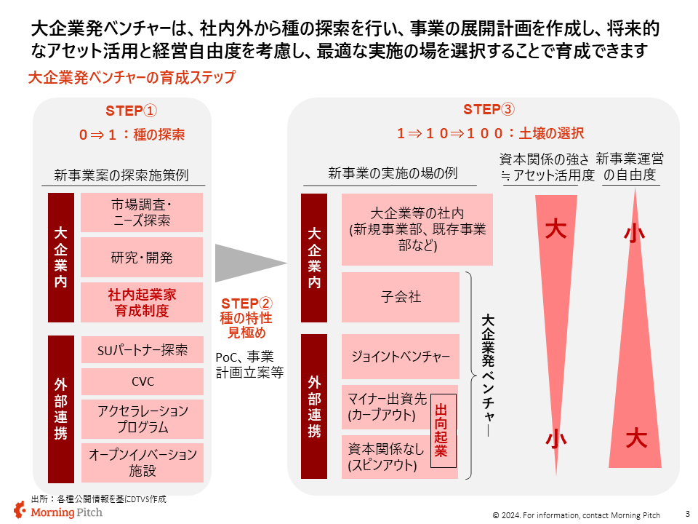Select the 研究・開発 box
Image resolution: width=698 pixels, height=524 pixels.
pyautogui.click(x=142, y=258)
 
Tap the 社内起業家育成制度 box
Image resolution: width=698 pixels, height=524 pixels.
pyautogui.click(x=142, y=303)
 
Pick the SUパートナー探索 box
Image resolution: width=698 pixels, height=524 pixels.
pyautogui.click(x=142, y=350)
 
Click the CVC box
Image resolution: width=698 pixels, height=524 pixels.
pyautogui.click(x=142, y=381)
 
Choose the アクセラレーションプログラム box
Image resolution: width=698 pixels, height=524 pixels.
pyautogui.click(x=142, y=418)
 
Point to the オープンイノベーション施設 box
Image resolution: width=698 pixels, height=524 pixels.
pyautogui.click(x=142, y=462)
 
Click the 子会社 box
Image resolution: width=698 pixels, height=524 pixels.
pyautogui.click(x=401, y=297)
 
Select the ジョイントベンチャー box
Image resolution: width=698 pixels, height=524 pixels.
pyautogui.click(x=401, y=357)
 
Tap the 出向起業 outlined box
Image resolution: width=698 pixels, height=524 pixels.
pyautogui.click(x=441, y=432)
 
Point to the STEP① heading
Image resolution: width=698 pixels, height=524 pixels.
pyautogui.click(x=132, y=111)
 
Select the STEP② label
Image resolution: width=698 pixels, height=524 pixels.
pyautogui.click(x=246, y=303)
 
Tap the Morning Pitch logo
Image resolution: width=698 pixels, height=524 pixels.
pyautogui.click(x=58, y=511)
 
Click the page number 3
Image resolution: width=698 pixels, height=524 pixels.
pyautogui.click(x=687, y=513)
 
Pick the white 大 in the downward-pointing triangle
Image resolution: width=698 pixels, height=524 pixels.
pyautogui.click(x=556, y=230)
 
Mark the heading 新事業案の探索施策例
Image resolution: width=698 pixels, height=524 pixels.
pyautogui.click(x=121, y=175)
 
